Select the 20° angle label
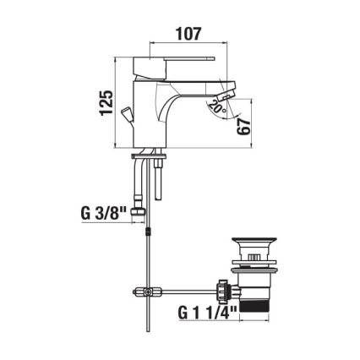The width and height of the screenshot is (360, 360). pos(217,109)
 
